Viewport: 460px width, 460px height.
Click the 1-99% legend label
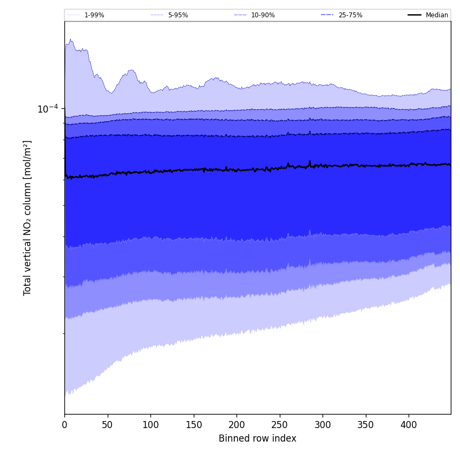tap(94, 15)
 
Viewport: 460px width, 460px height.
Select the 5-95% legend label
tap(178, 15)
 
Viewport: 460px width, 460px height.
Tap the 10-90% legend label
tap(262, 15)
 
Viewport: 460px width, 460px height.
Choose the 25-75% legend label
tap(350, 15)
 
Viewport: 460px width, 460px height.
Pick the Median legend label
tap(437, 15)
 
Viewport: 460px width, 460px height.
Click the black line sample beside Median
tap(415, 15)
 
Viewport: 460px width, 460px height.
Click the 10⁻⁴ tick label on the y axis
tap(48, 109)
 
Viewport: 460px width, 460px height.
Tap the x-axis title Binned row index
tap(257, 439)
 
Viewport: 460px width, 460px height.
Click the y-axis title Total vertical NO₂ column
tap(28, 218)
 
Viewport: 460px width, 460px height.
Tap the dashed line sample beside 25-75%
tap(327, 15)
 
